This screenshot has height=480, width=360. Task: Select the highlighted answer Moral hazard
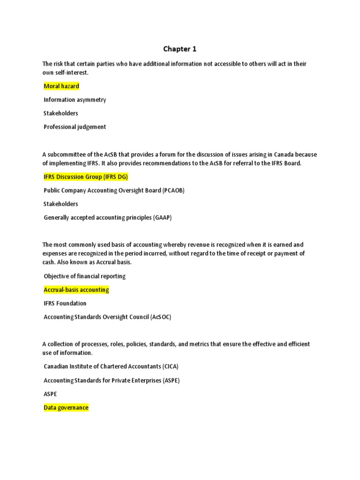(x=61, y=86)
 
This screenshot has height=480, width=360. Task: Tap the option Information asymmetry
(x=75, y=100)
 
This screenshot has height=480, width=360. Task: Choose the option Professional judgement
(x=75, y=127)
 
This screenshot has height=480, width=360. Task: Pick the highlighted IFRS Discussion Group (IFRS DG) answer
(x=86, y=177)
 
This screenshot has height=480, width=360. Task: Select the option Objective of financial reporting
(x=84, y=276)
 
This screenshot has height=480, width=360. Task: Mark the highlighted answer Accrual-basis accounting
(x=76, y=290)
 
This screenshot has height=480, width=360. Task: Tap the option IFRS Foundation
(x=65, y=303)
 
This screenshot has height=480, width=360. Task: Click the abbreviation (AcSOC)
(x=161, y=317)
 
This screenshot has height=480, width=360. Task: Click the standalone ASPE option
(x=51, y=394)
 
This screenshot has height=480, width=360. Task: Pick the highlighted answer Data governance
(x=66, y=408)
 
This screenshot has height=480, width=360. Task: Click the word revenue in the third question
(x=190, y=245)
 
